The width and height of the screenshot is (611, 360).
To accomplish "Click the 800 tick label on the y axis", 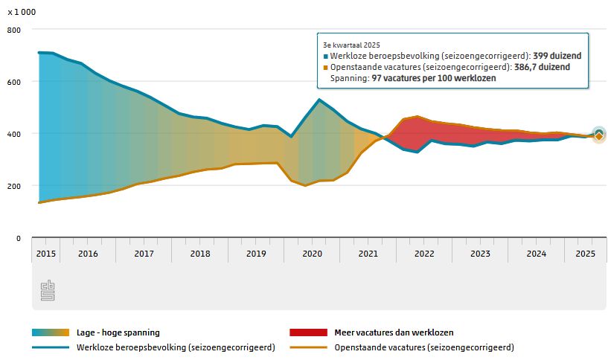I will coord(13,30).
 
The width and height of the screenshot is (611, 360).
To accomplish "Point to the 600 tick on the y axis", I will coord(13,82).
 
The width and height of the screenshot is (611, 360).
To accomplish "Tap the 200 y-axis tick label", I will coord(13,186).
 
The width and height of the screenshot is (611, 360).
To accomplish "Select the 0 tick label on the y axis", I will coord(18,238).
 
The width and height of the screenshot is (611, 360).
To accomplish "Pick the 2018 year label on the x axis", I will coord(199,253).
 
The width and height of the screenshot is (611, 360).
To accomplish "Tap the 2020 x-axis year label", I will coord(312,253).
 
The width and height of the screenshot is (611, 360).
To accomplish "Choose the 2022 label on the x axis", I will coord(424,253).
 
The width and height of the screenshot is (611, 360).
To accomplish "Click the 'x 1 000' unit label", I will coord(22,13).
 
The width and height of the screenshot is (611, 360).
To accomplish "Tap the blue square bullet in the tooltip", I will coord(325,56).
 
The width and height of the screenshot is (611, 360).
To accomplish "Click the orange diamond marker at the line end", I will coord(598,136).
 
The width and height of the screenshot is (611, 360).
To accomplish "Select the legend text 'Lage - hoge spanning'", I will coord(118,332).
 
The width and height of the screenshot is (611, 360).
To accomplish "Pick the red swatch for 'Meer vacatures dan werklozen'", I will coord(307,332).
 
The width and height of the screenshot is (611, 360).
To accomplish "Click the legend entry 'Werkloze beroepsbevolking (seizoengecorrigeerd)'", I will coord(176,347).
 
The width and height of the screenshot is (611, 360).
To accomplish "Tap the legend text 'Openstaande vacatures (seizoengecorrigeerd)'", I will coord(424,347).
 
